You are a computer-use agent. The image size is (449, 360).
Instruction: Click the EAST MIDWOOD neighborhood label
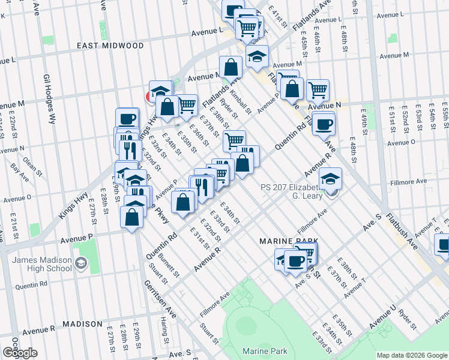point(110,46)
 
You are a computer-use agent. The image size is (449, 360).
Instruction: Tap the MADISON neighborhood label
point(83,324)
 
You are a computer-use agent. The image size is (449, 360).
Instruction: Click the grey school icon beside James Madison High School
point(80,263)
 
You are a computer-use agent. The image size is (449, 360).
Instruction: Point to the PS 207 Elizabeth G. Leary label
point(291,191)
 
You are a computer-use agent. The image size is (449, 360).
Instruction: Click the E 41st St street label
point(276,11)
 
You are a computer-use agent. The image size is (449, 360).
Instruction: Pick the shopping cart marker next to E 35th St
point(187,105)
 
